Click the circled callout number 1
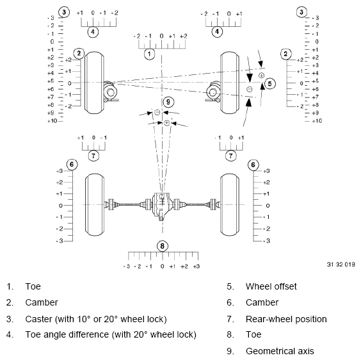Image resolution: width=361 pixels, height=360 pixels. [x=148, y=54]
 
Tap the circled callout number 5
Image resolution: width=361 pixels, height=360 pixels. [x=270, y=83]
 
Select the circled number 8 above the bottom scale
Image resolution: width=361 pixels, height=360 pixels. [x=163, y=245]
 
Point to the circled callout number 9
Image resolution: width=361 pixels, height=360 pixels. [x=168, y=101]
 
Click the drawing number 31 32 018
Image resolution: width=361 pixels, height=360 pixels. [x=340, y=264]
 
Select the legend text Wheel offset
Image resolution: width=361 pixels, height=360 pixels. [x=271, y=286]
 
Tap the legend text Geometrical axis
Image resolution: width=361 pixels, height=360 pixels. [x=280, y=350]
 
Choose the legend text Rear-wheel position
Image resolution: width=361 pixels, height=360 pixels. [x=286, y=318]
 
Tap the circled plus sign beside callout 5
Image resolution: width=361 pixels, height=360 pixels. [x=261, y=76]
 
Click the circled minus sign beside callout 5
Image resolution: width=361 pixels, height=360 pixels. [x=248, y=88]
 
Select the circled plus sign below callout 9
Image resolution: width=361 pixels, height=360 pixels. [x=166, y=122]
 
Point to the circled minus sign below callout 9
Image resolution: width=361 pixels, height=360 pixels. [x=157, y=113]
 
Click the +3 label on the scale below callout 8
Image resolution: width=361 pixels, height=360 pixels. [x=196, y=266]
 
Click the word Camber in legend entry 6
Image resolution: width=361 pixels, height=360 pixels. [x=261, y=302]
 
